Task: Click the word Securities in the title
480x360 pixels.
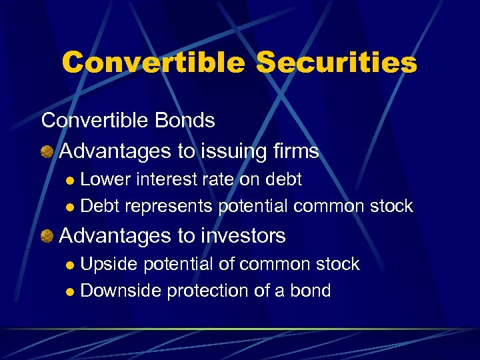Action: point(337,63)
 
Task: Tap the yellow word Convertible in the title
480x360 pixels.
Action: point(153,63)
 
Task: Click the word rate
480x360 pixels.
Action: point(212,179)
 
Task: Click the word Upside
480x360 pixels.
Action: point(109,264)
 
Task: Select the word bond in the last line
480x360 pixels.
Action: point(310,291)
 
